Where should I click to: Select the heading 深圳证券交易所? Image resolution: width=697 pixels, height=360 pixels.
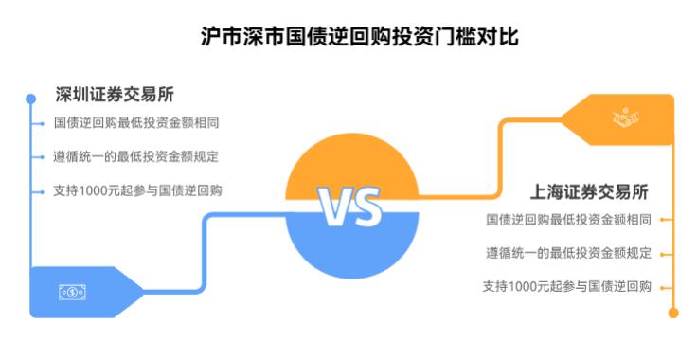(114, 95)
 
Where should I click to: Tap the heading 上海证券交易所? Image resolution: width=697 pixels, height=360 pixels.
(588, 191)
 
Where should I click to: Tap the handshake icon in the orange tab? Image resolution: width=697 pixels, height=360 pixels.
(625, 118)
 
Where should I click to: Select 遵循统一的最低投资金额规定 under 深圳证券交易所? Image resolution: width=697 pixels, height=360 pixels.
(136, 156)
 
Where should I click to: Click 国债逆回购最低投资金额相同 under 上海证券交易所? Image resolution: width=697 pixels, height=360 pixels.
(568, 220)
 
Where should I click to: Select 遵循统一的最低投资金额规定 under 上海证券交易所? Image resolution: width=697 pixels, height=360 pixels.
(568, 253)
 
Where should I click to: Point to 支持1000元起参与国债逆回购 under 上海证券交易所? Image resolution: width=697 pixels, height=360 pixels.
(566, 286)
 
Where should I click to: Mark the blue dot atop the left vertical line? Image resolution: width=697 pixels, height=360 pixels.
(31, 96)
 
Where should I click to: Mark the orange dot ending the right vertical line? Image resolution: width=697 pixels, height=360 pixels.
(673, 313)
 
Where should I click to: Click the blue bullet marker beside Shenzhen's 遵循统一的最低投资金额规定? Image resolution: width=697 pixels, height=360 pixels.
(41, 156)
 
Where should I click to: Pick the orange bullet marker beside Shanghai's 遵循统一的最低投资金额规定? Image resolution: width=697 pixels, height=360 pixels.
(663, 253)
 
